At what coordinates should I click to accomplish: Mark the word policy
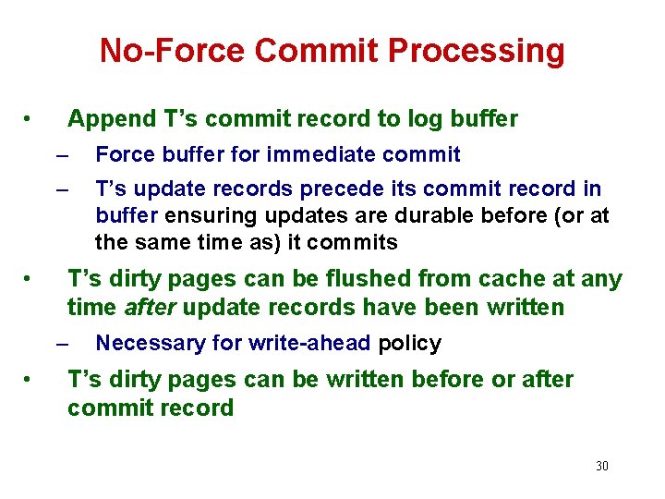point(410,344)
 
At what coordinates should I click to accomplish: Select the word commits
point(359,244)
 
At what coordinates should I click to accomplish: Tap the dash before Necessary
point(62,344)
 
